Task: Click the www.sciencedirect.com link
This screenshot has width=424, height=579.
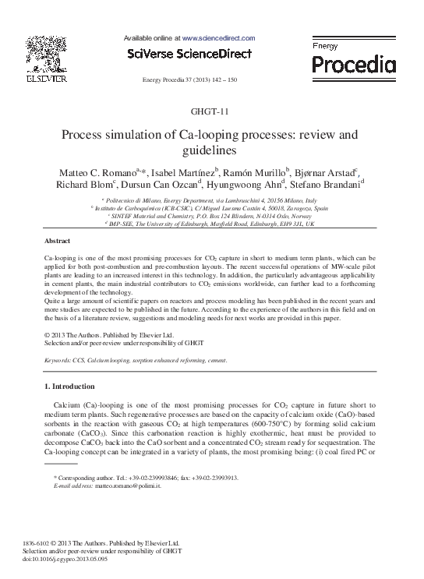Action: pos(219,37)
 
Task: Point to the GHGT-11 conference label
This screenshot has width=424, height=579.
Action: pos(212,111)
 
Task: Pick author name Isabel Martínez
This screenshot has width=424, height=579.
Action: pos(184,172)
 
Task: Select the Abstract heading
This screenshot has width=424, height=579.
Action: pos(57,242)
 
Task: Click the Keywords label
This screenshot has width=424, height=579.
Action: pos(59,362)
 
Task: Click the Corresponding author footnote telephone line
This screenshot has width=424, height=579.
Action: pos(145,477)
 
